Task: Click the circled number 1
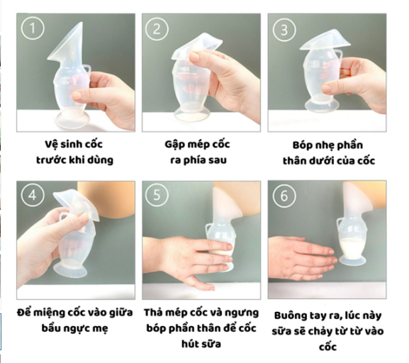[33, 28]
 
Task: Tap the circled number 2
[157, 28]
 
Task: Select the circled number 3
[284, 30]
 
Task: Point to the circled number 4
[33, 195]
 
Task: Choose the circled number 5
[157, 195]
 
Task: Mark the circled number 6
[284, 196]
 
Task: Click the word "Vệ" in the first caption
[51, 145]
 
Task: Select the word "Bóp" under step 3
[302, 145]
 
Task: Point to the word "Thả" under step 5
[153, 313]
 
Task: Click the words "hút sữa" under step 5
[201, 344]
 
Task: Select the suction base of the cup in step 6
[352, 260]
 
